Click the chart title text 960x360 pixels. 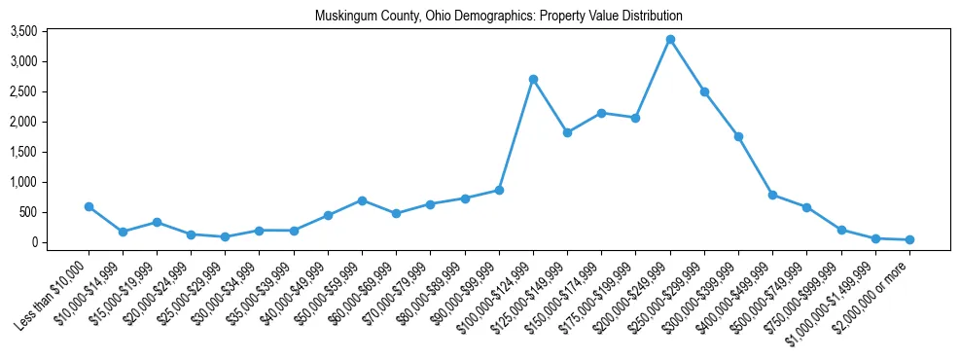[x=499, y=17]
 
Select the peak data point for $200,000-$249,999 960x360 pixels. [x=670, y=40]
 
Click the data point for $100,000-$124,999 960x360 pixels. [x=533, y=79]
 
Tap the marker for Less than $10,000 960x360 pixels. [x=89, y=206]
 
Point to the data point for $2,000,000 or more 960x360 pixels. [x=909, y=239]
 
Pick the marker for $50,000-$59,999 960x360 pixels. [x=362, y=200]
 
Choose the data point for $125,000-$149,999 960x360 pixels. [x=567, y=132]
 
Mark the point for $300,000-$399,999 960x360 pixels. [x=738, y=136]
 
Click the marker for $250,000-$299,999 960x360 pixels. [x=704, y=91]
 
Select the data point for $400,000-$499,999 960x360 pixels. [x=772, y=195]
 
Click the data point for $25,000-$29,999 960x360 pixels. [x=225, y=236]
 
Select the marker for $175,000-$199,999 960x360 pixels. [x=635, y=118]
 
